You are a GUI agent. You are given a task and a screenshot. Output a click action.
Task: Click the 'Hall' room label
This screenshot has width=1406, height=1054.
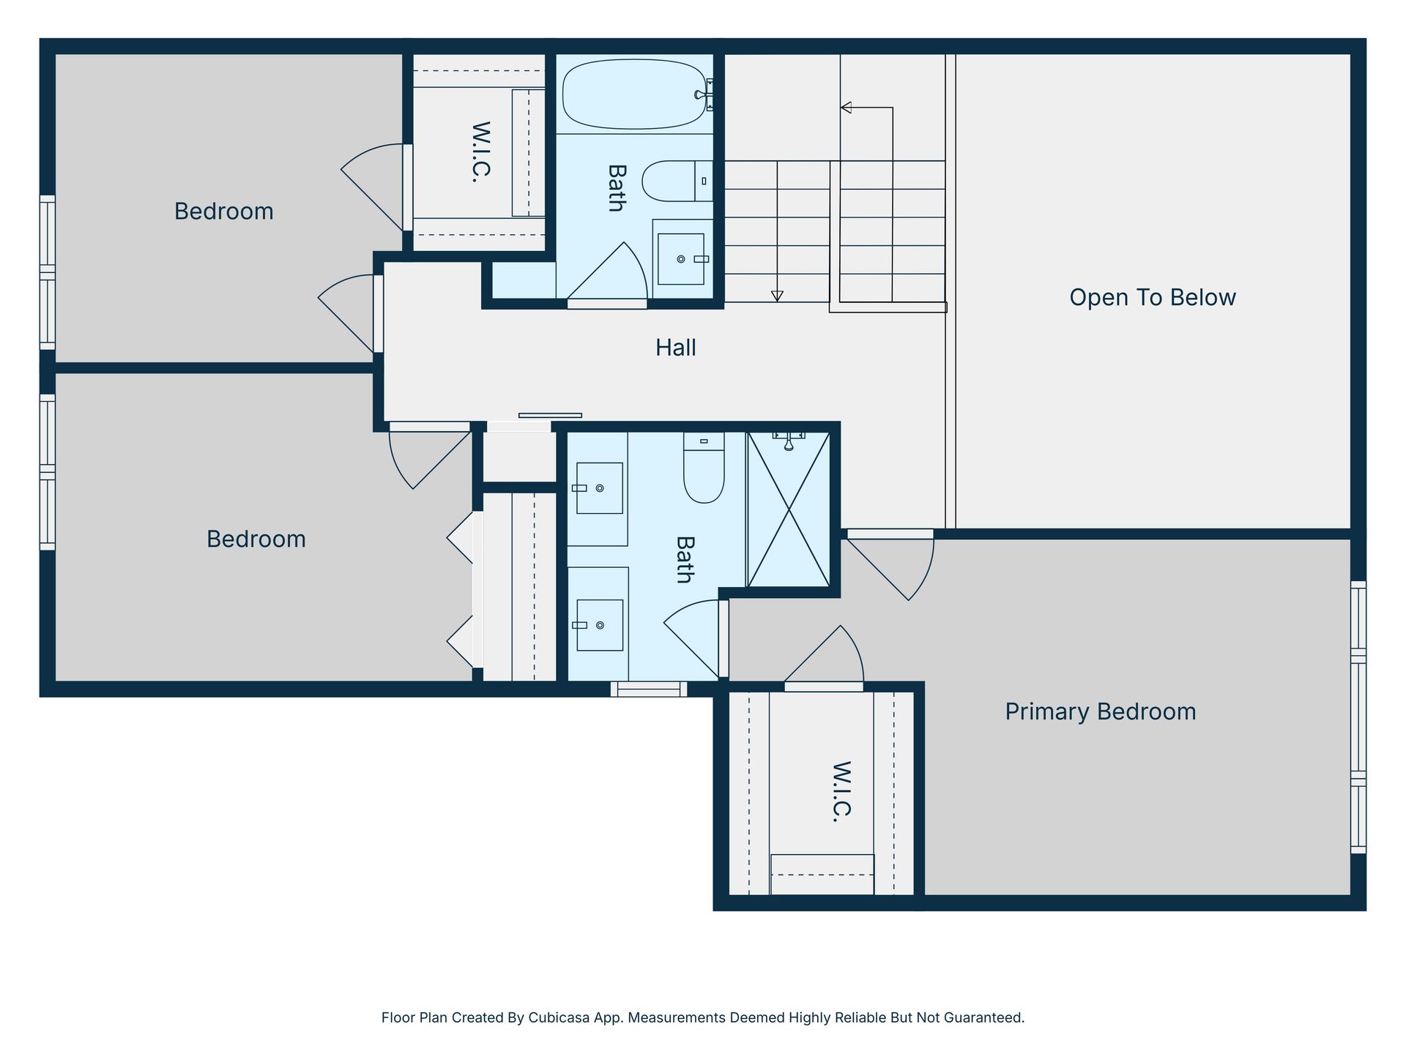[675, 348]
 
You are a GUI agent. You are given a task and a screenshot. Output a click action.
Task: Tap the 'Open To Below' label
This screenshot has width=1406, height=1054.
[1153, 297]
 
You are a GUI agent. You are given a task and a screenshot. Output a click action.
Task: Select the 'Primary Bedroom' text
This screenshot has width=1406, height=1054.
[1100, 711]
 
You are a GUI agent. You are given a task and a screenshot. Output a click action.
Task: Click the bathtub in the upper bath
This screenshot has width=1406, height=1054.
[634, 94]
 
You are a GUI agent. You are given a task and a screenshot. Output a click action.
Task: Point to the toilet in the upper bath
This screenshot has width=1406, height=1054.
[677, 181]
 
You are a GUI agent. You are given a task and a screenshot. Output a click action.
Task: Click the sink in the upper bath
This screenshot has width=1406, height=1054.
[681, 259]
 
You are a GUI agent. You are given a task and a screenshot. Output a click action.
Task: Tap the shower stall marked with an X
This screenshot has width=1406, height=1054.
[789, 509]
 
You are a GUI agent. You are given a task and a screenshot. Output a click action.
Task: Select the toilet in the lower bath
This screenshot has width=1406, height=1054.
[704, 467]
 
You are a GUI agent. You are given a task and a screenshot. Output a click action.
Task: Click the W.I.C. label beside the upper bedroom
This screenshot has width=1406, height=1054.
[480, 152]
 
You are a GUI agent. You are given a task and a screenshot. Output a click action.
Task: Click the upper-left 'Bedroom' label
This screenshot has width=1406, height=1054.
[223, 212]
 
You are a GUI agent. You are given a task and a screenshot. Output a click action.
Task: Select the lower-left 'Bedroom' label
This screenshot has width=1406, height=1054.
[256, 539]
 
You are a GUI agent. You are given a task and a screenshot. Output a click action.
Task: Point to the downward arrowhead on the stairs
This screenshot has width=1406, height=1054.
[777, 296]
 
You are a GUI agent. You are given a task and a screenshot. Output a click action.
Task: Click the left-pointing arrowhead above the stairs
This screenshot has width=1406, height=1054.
[846, 108]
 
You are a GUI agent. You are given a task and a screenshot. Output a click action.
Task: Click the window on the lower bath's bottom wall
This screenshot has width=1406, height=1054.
[649, 689]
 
